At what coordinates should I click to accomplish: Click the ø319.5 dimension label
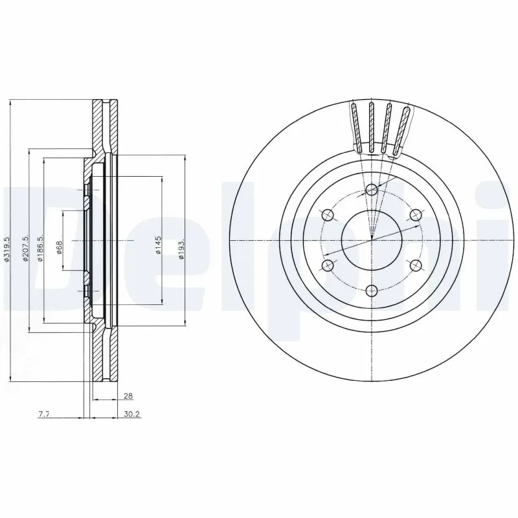pyautogui.click(x=8, y=249)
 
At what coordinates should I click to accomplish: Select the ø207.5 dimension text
pyautogui.click(x=26, y=249)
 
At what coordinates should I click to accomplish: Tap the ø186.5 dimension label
pyautogui.click(x=40, y=249)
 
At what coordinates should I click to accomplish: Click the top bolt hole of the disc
pyautogui.click(x=372, y=190)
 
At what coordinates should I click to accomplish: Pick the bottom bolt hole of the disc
pyautogui.click(x=372, y=291)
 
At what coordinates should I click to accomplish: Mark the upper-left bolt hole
pyautogui.click(x=328, y=216)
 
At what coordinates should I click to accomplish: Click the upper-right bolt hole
pyautogui.click(x=415, y=216)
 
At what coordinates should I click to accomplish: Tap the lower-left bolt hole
pyautogui.click(x=328, y=265)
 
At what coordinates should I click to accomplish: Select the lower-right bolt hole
pyautogui.click(x=415, y=265)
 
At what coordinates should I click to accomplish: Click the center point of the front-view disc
pyautogui.click(x=372, y=240)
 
